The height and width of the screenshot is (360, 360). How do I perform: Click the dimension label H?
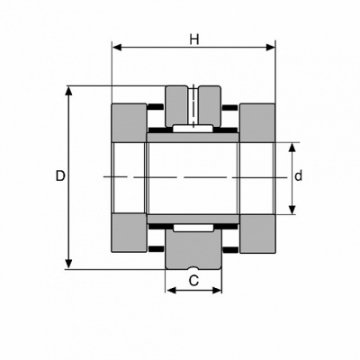click(x=194, y=40)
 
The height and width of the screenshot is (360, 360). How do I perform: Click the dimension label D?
click(x=60, y=176)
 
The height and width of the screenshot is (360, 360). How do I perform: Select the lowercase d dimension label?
click(x=298, y=176)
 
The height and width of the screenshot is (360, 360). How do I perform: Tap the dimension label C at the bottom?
click(x=193, y=281)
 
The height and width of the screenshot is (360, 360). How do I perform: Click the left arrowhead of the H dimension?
click(x=117, y=48)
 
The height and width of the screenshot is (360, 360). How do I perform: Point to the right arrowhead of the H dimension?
click(x=271, y=48)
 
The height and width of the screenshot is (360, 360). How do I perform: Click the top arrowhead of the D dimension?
click(x=69, y=92)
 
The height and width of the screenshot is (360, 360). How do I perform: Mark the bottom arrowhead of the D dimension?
click(x=69, y=264)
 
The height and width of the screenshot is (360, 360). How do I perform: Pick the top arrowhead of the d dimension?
click(x=292, y=148)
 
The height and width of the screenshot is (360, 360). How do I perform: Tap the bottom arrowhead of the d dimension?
click(x=292, y=210)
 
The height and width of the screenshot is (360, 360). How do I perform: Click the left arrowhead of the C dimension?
click(x=171, y=290)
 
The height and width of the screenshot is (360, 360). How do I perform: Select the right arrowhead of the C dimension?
click(x=216, y=290)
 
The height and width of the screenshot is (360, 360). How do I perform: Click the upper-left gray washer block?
click(x=130, y=122)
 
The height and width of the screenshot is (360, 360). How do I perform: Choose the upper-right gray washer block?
click(x=257, y=122)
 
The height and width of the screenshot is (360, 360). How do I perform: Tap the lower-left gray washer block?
click(x=130, y=233)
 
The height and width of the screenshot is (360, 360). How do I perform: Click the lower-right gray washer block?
click(x=257, y=233)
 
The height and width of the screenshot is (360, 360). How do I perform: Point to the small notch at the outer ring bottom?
click(x=193, y=267)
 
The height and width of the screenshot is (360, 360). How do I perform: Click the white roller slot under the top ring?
click(x=193, y=129)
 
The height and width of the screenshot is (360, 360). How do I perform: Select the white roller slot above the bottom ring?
click(x=193, y=228)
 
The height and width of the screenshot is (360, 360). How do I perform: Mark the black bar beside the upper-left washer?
click(x=156, y=107)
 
